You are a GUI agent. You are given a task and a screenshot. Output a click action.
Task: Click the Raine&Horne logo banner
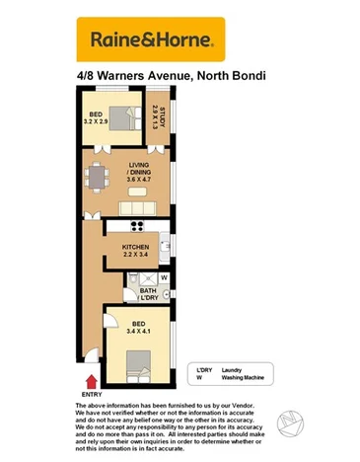tap(150, 38)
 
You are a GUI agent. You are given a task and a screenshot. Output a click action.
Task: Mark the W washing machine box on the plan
tap(164, 277)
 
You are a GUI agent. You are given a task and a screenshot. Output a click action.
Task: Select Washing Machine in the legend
tap(243, 377)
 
